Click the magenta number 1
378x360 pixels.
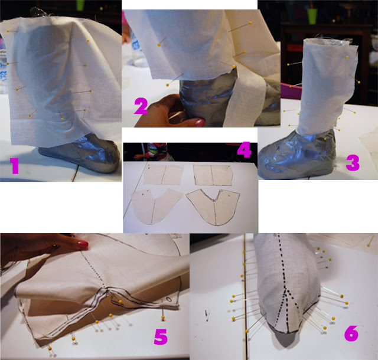coord(14,166)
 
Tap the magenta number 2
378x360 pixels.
coord(141,107)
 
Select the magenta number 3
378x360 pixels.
coord(353,163)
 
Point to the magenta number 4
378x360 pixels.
coord(245,150)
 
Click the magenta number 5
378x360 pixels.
coord(161,337)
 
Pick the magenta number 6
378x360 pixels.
coord(351,333)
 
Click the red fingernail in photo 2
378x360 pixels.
coord(200,122)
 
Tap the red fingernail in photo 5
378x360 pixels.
coord(83,244)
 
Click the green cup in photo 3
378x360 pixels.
coord(312,16)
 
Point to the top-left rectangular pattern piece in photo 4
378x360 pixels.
coord(163,175)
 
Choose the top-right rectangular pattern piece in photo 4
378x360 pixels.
coord(213,175)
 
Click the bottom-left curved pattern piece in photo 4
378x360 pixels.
coord(156,206)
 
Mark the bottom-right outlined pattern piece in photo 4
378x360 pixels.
coord(213,207)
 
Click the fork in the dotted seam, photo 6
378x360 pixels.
coord(286,288)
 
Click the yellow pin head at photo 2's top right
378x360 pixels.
coord(250,23)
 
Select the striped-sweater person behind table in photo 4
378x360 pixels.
coord(156,152)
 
